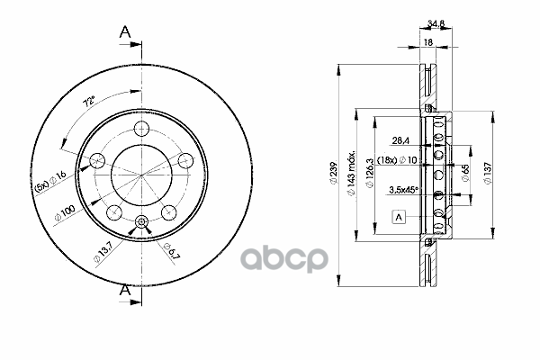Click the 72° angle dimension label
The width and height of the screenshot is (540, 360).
89,102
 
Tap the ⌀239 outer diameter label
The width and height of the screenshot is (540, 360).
333,173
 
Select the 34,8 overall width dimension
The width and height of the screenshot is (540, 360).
436,23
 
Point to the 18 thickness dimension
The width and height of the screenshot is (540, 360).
427,42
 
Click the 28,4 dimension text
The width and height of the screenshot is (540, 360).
400,140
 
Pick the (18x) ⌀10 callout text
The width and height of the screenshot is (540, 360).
397,160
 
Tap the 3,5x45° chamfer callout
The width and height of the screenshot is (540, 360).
403,190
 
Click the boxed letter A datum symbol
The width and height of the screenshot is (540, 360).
399,218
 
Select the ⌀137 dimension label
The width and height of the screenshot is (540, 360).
488,173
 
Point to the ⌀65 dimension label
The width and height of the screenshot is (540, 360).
465,173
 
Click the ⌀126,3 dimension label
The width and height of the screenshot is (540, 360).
370,173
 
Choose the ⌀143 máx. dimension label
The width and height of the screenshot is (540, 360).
351,174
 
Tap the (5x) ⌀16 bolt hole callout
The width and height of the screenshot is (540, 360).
50,181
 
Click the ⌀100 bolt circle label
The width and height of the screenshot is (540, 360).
65,213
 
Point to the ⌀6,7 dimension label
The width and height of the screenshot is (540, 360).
172,250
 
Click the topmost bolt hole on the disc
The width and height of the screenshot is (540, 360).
141,130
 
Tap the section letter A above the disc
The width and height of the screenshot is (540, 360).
125,32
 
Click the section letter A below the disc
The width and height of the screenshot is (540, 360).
125,290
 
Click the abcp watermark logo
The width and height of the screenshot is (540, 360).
283,259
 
